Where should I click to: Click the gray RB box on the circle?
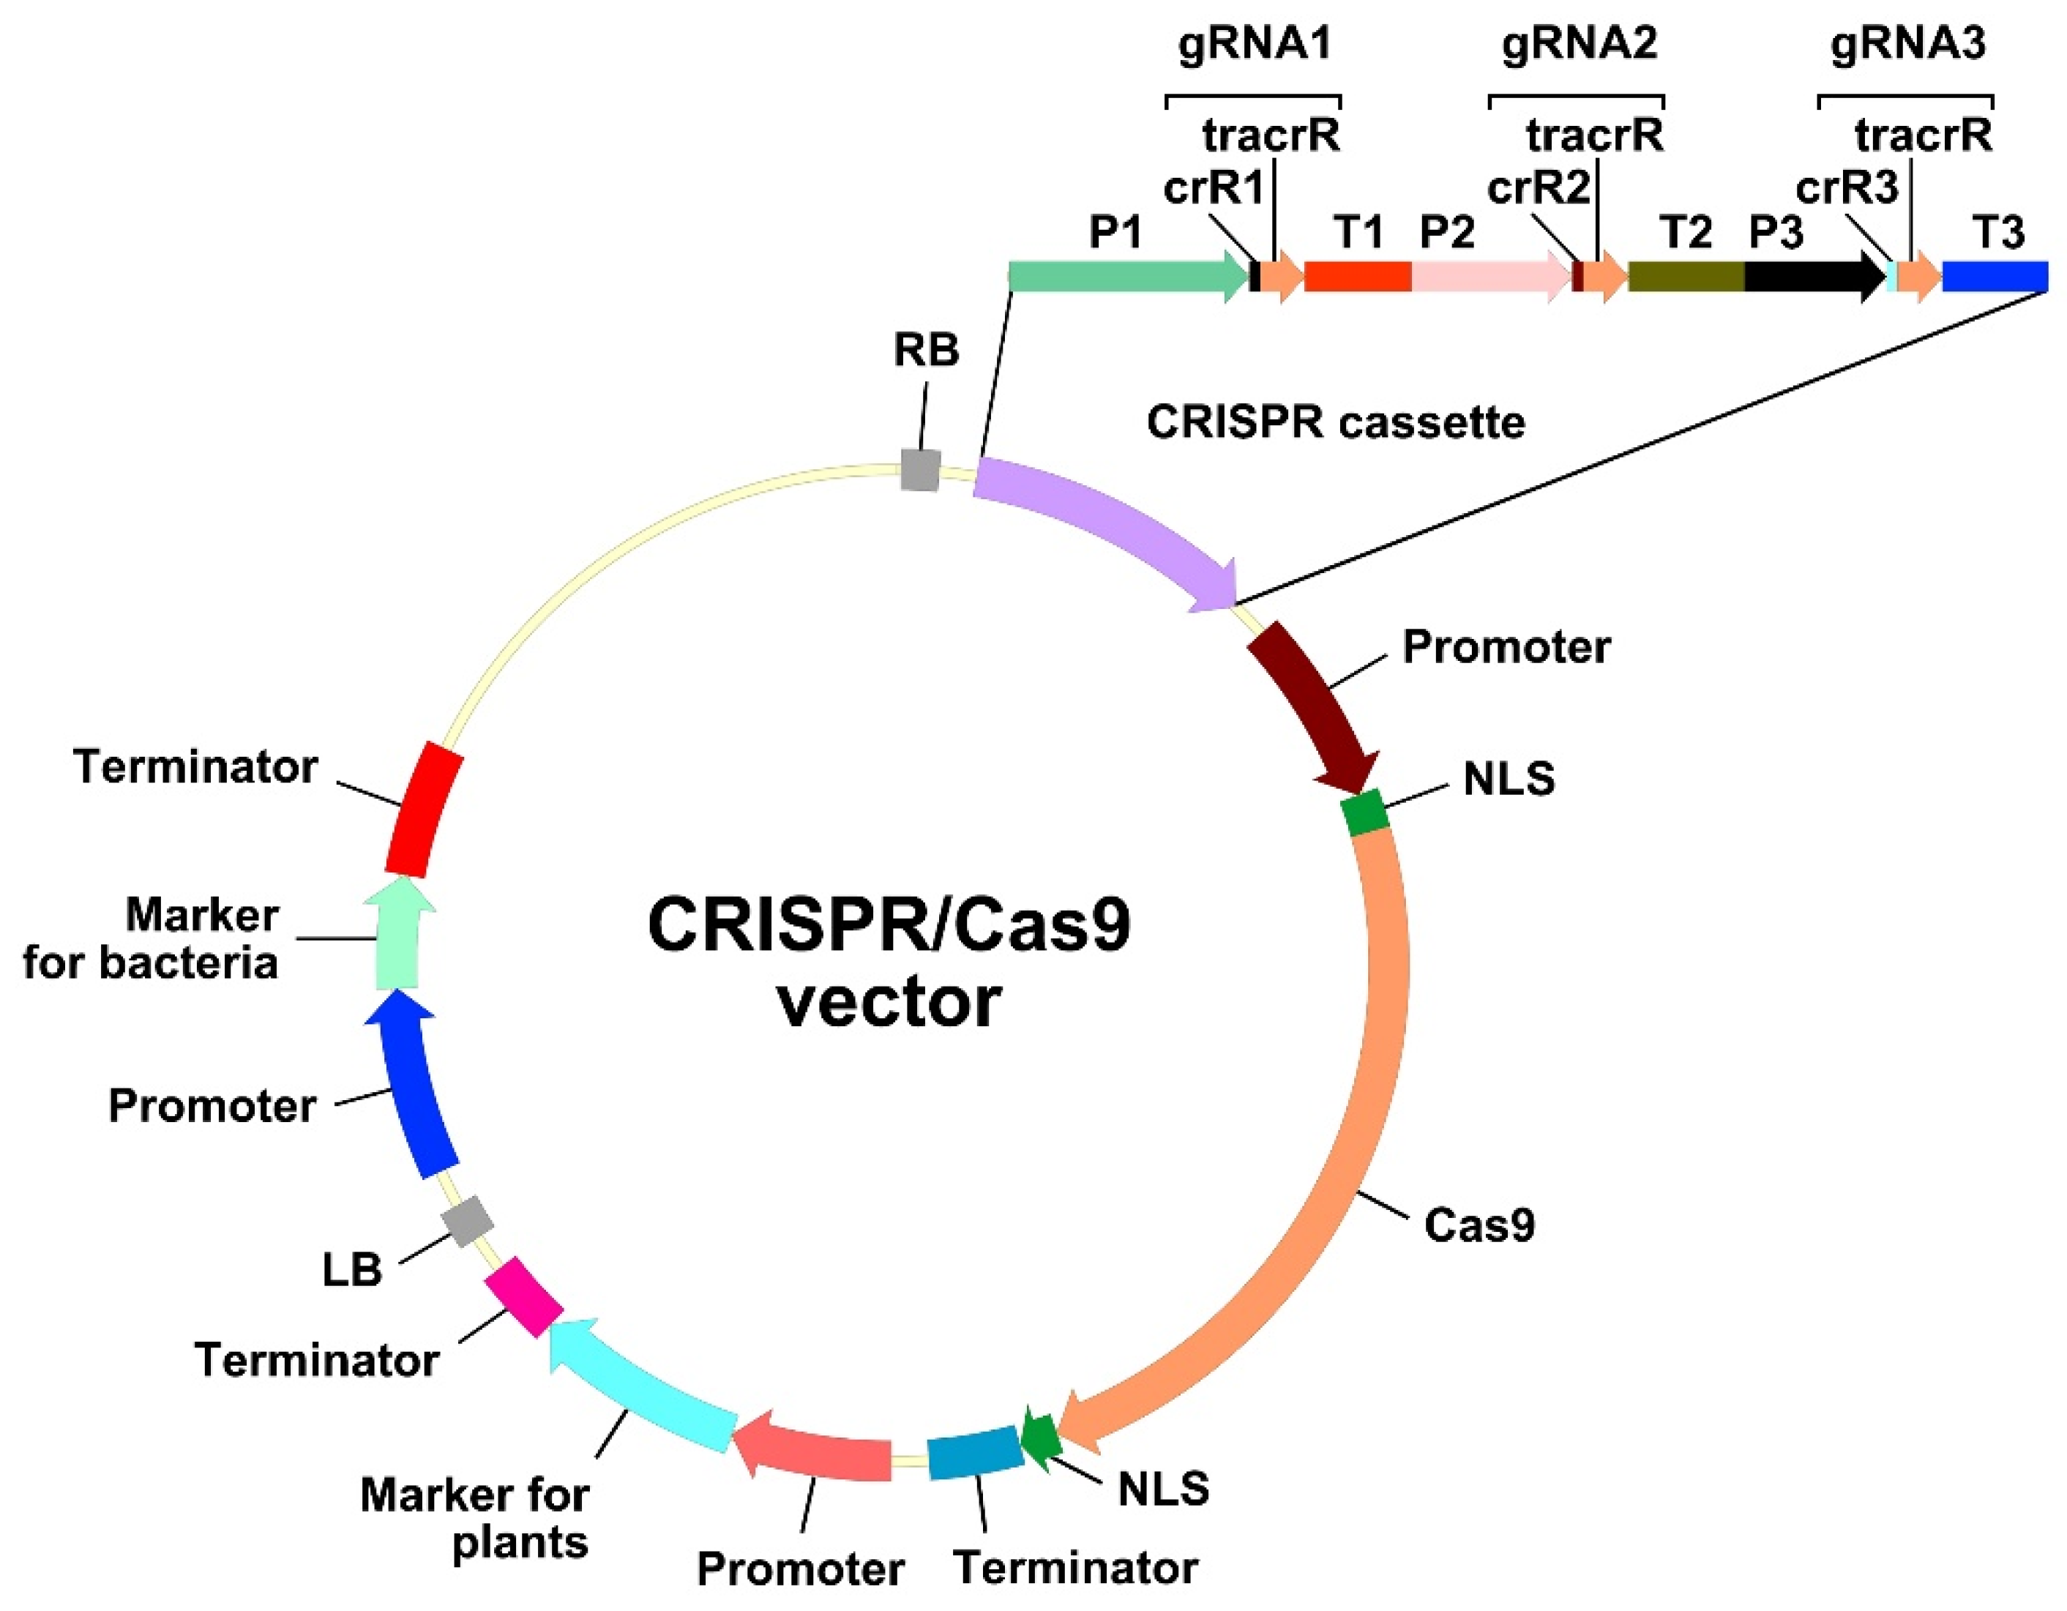pyautogui.click(x=920, y=471)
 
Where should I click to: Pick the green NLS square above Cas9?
pyautogui.click(x=1365, y=814)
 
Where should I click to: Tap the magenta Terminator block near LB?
pyautogui.click(x=523, y=1297)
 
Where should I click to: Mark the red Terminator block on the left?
pyautogui.click(x=423, y=810)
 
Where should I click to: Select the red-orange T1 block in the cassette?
pyautogui.click(x=1358, y=277)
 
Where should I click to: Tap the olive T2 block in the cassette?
pyautogui.click(x=1686, y=277)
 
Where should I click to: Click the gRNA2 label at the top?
pyautogui.click(x=1580, y=43)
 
